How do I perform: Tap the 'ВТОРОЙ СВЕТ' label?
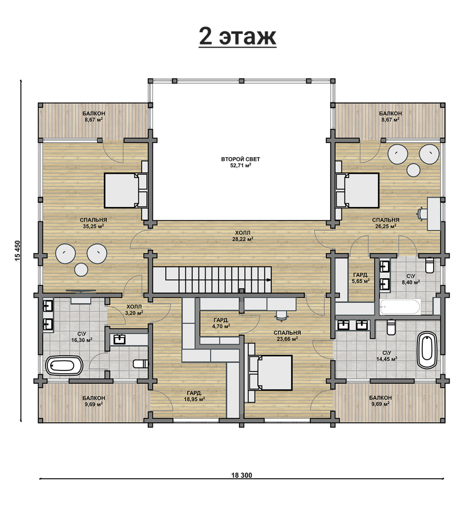[x=240, y=159]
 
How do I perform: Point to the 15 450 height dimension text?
[x=18, y=251]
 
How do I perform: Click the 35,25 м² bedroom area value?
[x=93, y=226]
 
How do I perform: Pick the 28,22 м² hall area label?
[x=243, y=239]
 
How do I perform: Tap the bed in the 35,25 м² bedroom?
[x=126, y=190]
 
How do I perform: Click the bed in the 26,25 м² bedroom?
[x=357, y=190]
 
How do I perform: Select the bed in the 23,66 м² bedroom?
[x=270, y=373]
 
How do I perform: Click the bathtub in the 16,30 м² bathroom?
[x=64, y=365]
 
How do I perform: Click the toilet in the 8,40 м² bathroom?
[x=430, y=265]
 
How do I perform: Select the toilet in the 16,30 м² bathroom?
[x=141, y=364]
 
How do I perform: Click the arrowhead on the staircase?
[x=268, y=280]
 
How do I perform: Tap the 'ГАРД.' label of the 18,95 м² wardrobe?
[x=194, y=393]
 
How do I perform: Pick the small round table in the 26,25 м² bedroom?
[x=413, y=170]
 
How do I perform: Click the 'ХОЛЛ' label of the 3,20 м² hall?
[x=134, y=307]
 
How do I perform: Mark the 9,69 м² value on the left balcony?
[x=94, y=404]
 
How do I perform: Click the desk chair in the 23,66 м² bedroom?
[x=282, y=315]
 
